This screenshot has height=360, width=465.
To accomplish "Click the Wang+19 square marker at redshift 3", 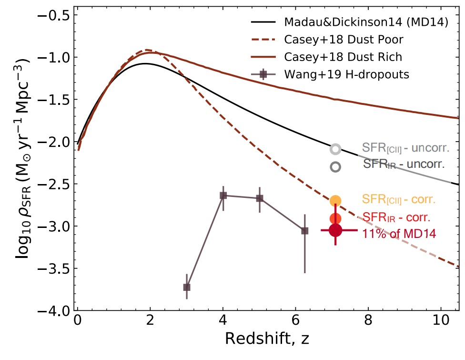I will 187,287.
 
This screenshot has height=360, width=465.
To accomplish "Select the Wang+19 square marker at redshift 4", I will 223,195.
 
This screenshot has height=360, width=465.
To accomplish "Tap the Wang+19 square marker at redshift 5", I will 260,198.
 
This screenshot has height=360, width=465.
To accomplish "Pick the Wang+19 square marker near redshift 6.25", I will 305,231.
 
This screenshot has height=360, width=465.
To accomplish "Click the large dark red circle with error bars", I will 335,230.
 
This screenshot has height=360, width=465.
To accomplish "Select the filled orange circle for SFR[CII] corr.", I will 335,201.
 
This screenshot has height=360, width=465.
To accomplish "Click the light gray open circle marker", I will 335,149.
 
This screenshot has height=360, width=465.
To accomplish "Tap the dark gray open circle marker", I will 335,167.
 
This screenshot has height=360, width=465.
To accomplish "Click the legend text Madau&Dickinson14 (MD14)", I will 365,22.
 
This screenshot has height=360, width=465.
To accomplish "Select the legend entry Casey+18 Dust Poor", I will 343,40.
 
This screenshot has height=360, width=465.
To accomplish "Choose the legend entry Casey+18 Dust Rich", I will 343,57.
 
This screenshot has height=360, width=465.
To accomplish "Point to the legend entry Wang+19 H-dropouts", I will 345,74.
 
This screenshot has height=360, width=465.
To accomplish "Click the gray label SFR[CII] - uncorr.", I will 405,147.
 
